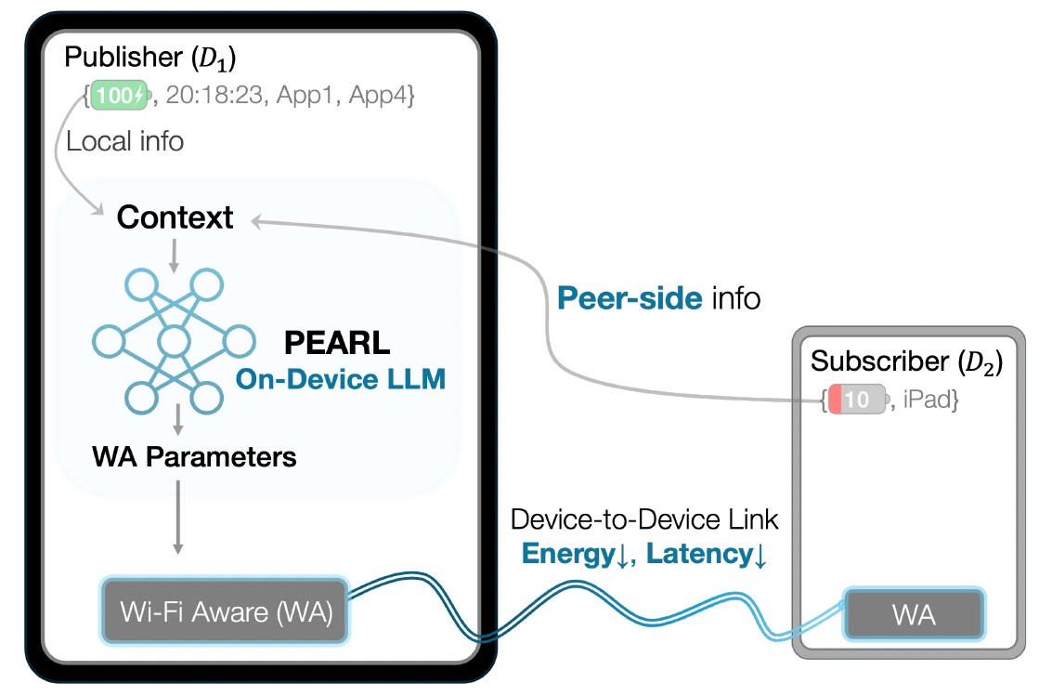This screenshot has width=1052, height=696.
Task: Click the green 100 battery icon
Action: [x=118, y=94]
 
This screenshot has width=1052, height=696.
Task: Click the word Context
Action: [x=175, y=218]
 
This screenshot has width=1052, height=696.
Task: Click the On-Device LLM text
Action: [x=340, y=379]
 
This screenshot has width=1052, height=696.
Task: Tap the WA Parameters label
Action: [x=194, y=457]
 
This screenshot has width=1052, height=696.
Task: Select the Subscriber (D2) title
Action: [x=906, y=361]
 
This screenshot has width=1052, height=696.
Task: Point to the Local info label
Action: [x=124, y=141]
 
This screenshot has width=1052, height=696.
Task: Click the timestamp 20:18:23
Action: [x=210, y=95]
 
